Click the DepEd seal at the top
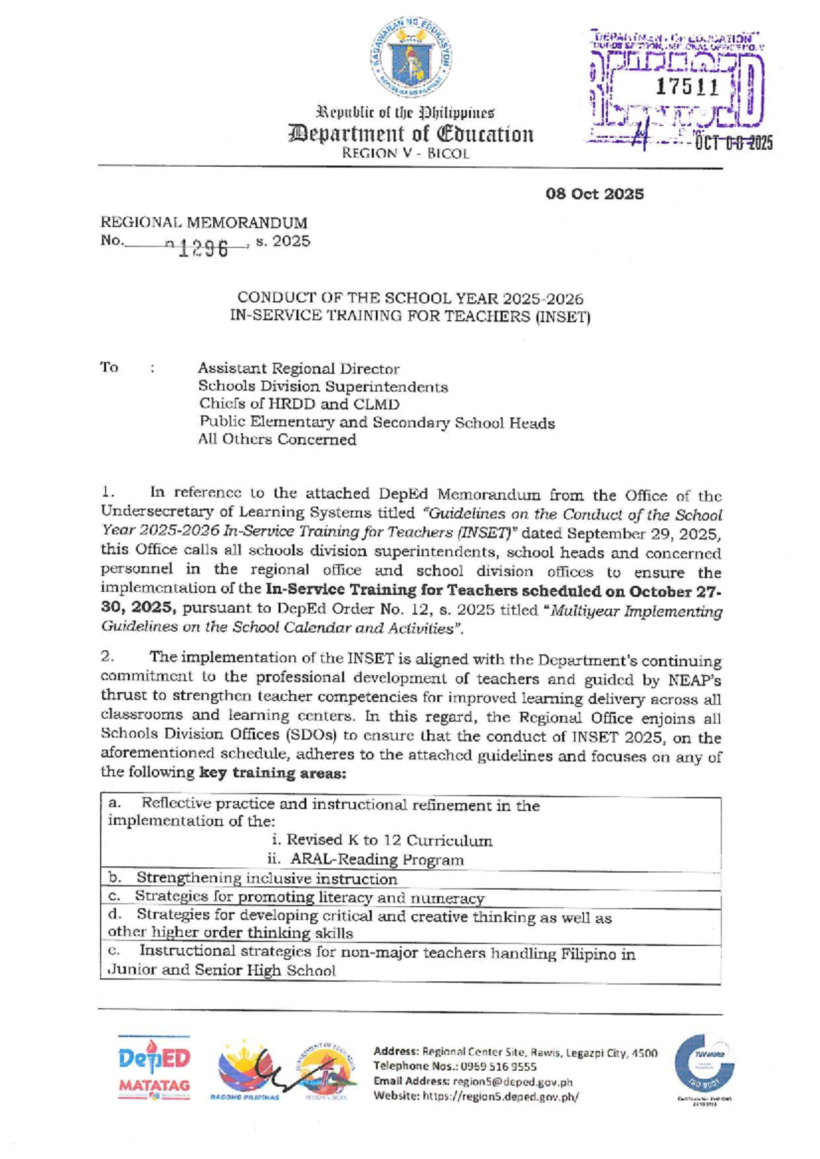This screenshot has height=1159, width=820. pos(411,58)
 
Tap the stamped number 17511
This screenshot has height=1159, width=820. pos(687,87)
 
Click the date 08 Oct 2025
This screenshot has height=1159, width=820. pos(594,194)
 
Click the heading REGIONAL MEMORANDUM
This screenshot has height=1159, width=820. pos(204,223)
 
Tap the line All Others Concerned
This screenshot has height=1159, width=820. pos(277,439)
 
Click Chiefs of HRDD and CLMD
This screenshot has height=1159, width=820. pos(299,405)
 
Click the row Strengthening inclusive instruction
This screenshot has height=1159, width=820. pos(266,879)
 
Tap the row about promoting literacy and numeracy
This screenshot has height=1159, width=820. pos(309,897)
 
